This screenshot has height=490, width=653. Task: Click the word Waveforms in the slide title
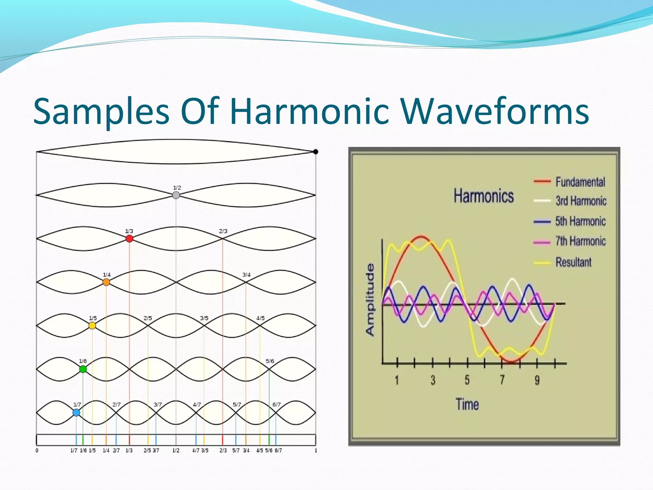(x=494, y=112)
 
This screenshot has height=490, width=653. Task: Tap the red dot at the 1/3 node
(x=129, y=239)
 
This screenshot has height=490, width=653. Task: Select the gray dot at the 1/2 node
(x=176, y=195)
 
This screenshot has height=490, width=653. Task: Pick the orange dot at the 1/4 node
(x=106, y=282)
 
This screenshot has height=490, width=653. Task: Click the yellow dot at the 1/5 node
(x=92, y=325)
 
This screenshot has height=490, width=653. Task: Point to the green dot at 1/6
(x=83, y=369)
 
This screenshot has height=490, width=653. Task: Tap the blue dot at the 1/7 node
(x=76, y=412)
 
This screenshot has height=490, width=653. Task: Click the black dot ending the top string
(x=315, y=152)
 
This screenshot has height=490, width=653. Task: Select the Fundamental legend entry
(x=580, y=182)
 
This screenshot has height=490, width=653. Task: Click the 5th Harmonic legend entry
(x=580, y=221)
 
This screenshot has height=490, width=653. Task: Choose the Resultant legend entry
(x=573, y=262)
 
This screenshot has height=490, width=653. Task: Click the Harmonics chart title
(x=483, y=196)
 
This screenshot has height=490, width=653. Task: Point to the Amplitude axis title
(x=370, y=300)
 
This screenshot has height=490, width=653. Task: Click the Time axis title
(x=467, y=404)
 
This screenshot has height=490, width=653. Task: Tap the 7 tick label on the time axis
(x=502, y=380)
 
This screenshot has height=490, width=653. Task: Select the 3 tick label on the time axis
(x=433, y=380)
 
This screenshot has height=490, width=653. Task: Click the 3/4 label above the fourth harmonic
(x=246, y=275)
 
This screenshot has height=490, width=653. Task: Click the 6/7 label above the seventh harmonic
(x=276, y=405)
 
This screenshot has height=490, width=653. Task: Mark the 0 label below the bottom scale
(x=37, y=450)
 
